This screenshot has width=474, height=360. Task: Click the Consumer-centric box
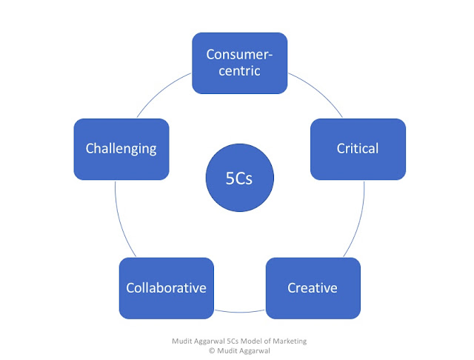240,63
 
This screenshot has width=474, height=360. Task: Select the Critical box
358,150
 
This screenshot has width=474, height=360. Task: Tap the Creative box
313,288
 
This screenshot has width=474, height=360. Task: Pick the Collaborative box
167,288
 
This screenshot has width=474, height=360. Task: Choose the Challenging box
121,150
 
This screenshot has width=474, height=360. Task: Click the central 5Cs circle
240,178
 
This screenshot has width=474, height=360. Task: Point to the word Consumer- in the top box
239,54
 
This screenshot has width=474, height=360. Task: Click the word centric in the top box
239,71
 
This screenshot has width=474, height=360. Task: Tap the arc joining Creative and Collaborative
240,312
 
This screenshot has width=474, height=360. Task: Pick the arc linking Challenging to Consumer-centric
161,90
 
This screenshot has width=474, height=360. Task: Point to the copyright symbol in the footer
212,350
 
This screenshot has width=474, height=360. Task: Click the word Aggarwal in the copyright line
255,351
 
